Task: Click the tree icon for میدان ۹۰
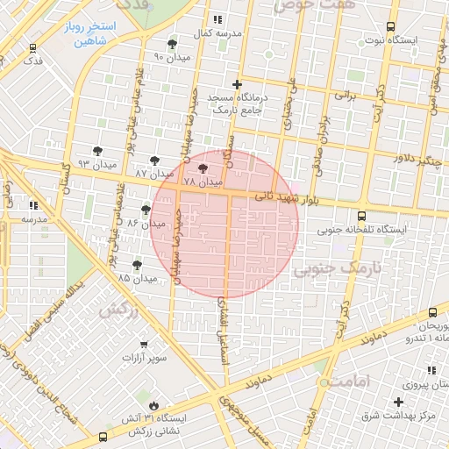(x=172, y=44)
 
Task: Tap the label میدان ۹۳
(x=96, y=164)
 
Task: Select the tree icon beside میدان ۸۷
(x=155, y=160)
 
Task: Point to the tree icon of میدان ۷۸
(x=203, y=168)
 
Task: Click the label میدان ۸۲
(x=146, y=224)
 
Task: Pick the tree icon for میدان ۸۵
(x=138, y=264)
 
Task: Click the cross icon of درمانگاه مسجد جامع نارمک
(x=236, y=84)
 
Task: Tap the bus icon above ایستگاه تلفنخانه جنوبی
(x=362, y=216)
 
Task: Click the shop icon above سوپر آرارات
(x=143, y=345)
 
